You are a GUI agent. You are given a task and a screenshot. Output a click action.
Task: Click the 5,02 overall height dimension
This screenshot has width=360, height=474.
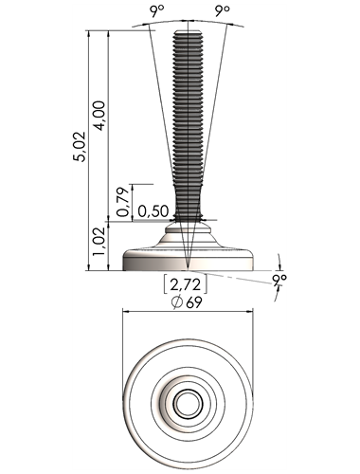pos(80,147)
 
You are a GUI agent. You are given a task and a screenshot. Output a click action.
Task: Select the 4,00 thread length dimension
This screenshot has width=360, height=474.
pos(99,116)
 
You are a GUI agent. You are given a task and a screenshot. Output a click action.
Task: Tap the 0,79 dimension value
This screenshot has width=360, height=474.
pos(123,202)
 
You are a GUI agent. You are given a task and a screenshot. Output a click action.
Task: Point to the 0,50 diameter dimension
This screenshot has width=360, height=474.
pos(153,211)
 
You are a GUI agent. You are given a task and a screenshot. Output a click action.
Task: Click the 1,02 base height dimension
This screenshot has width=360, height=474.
pos(99,242)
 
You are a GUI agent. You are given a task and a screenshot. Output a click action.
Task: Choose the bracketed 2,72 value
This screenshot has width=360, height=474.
pos(186,284)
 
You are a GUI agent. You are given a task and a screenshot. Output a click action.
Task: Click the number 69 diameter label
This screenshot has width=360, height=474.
pos(194,302)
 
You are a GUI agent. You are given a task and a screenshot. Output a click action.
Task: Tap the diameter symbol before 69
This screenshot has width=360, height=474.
pos(177,302)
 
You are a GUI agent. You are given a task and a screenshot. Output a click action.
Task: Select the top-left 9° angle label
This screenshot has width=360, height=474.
pos(157,11)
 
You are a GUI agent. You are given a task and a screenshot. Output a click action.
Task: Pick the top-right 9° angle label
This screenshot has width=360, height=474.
pos(223,11)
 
